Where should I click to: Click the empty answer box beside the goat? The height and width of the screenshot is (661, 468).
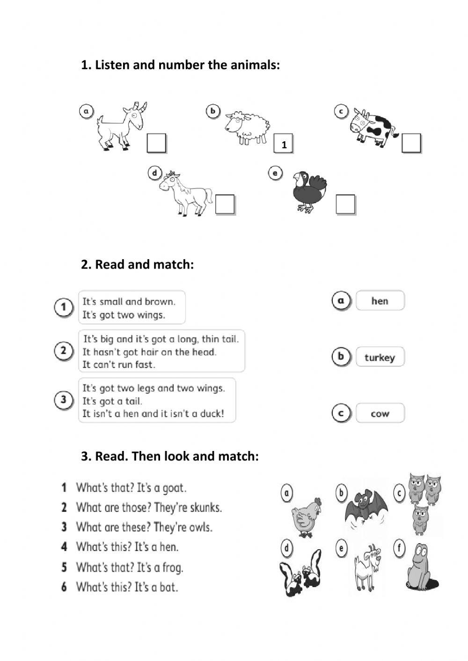(156, 143)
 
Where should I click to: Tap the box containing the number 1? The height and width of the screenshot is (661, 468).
(283, 143)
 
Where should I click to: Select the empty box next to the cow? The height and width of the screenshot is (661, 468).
(411, 143)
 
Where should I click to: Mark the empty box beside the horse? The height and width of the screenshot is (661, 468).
(225, 204)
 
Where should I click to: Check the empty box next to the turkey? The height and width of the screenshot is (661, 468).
(345, 204)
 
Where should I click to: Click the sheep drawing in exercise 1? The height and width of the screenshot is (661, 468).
(248, 128)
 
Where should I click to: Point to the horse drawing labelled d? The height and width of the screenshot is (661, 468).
(185, 193)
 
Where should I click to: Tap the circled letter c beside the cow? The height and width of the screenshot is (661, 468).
(341, 111)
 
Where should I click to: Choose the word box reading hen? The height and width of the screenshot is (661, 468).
(380, 300)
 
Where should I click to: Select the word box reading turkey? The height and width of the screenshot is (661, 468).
(380, 357)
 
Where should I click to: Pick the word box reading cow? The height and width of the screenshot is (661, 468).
(380, 413)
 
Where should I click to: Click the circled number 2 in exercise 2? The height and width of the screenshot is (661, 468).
(64, 351)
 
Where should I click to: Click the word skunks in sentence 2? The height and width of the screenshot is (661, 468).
(205, 508)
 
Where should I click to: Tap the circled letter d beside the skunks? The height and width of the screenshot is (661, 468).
(286, 548)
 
